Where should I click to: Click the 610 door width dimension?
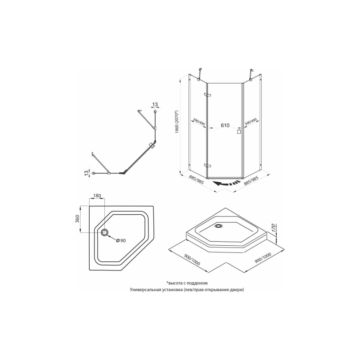click(x=225, y=126)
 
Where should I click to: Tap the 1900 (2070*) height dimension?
click(x=176, y=122)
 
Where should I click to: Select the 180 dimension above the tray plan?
click(x=97, y=196)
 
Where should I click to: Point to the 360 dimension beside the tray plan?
click(x=77, y=219)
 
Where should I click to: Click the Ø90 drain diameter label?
click(x=121, y=240)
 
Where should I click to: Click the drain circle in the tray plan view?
click(x=105, y=232)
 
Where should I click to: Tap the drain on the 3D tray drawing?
click(x=218, y=226)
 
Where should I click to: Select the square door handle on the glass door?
click(x=239, y=131)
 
